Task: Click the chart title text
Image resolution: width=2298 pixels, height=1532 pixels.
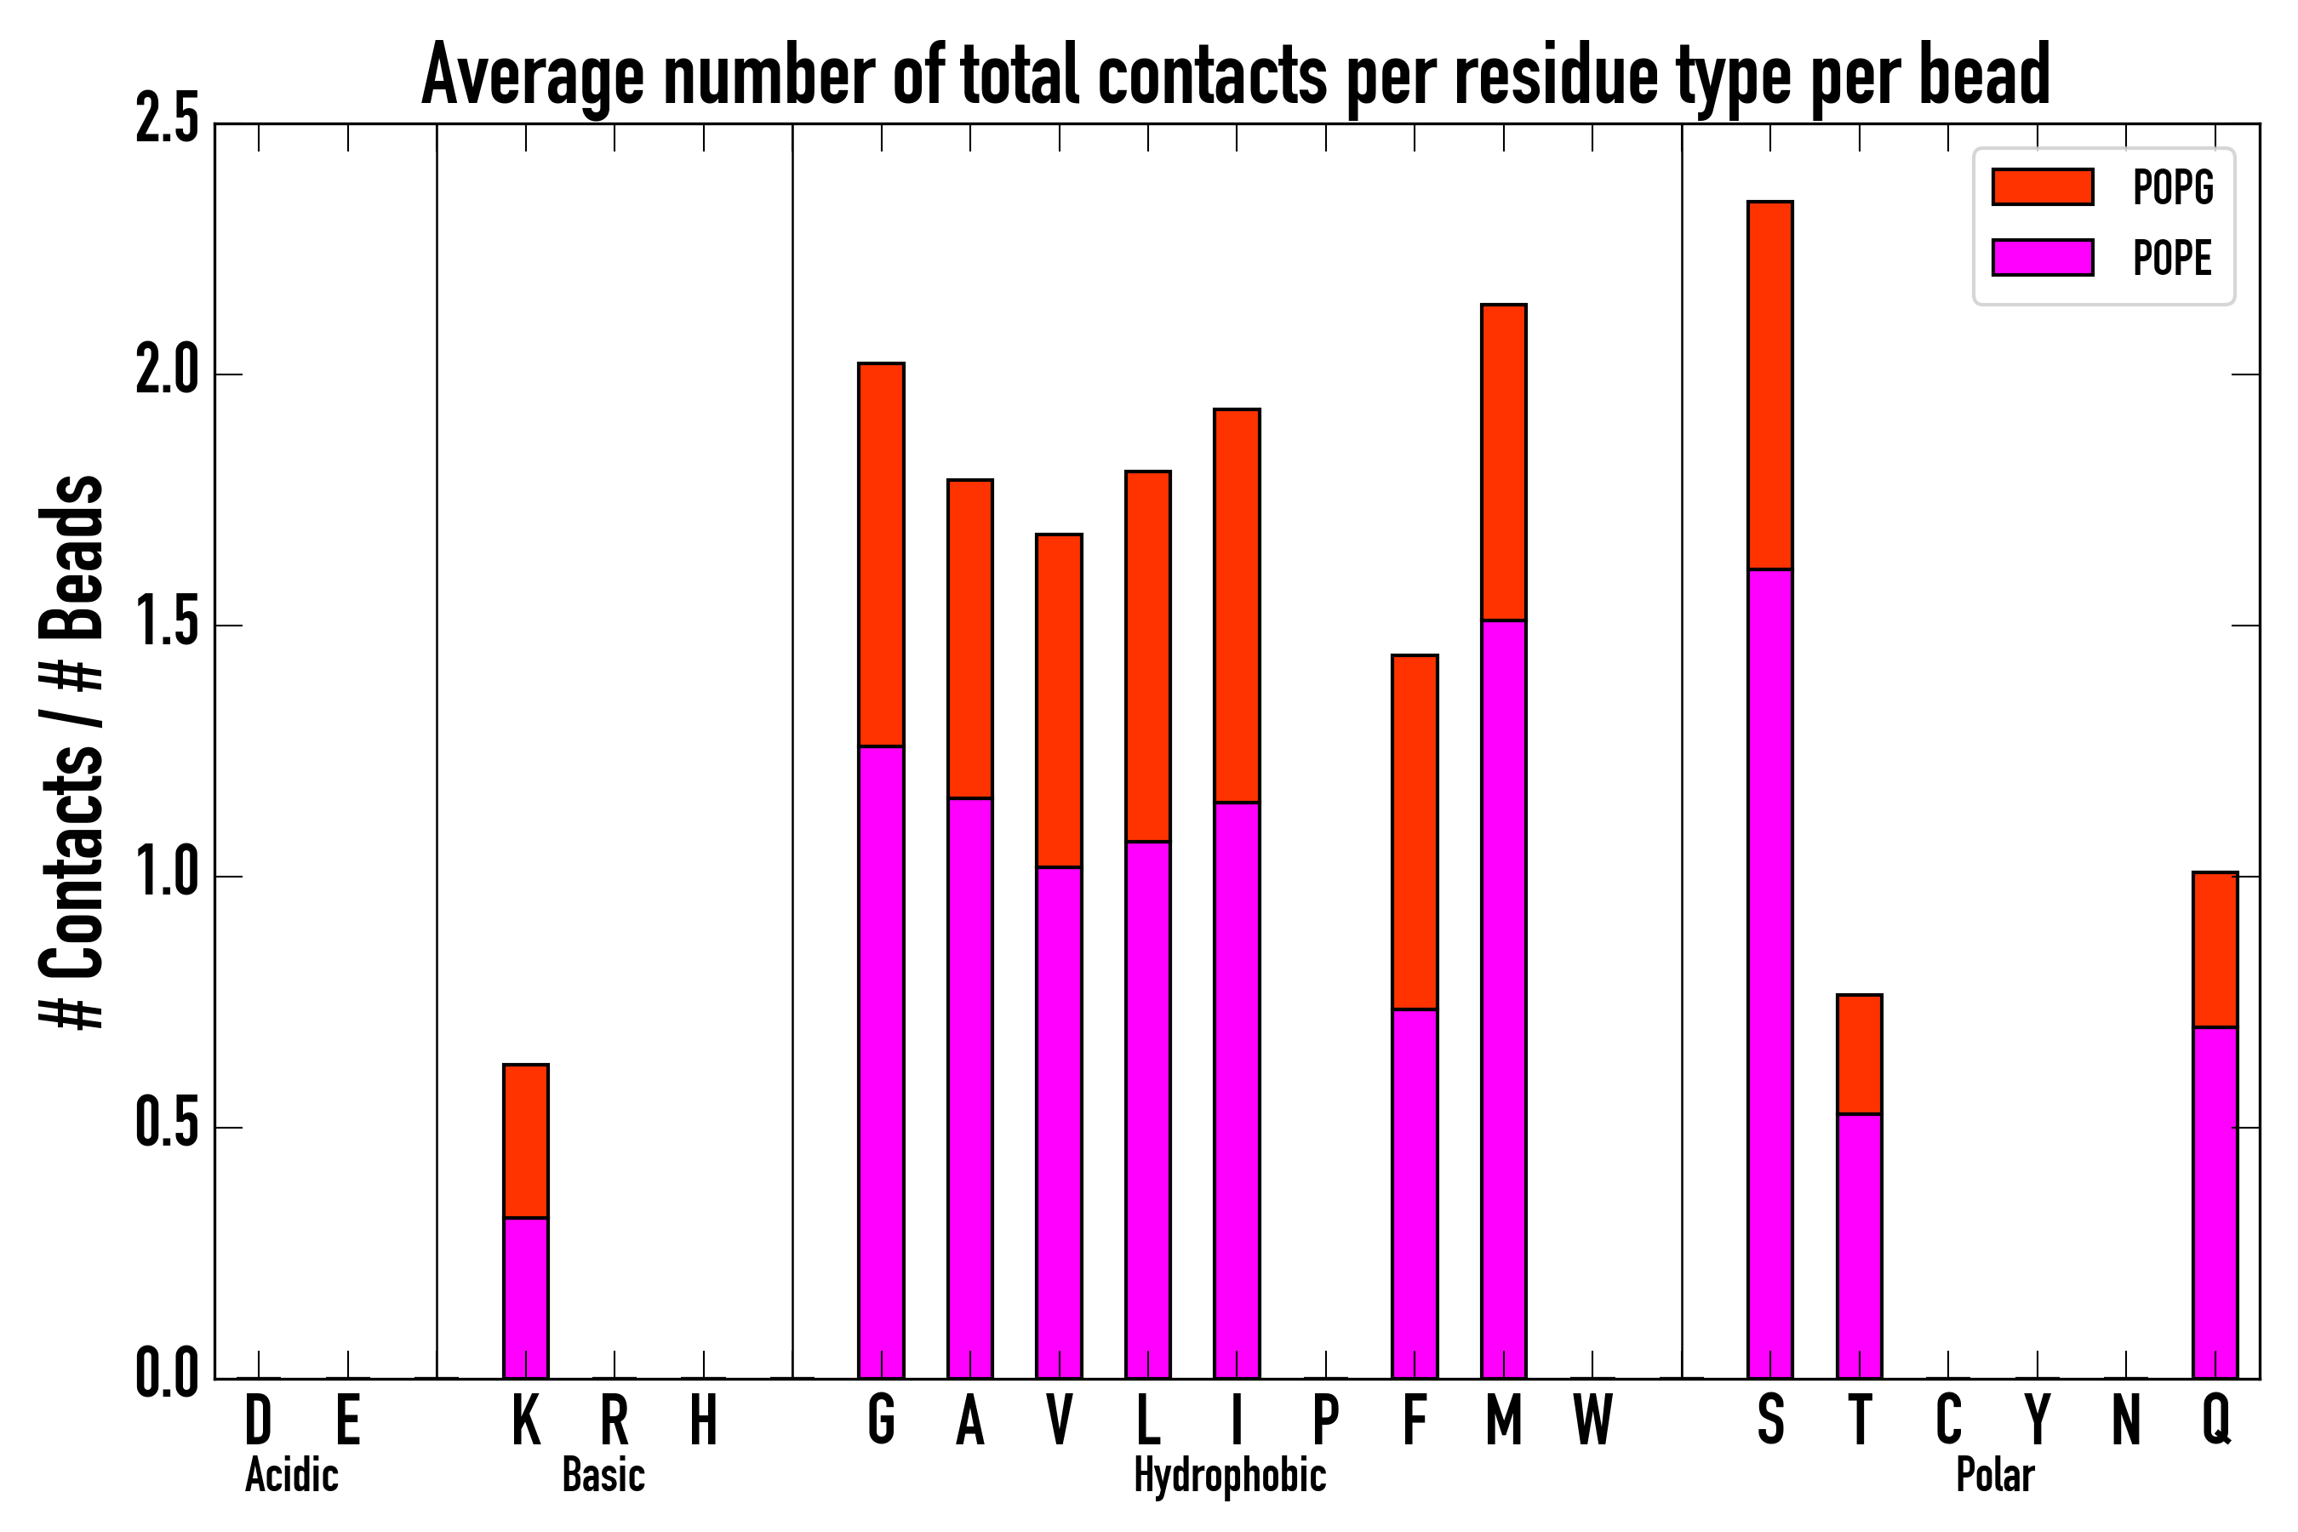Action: point(1235,77)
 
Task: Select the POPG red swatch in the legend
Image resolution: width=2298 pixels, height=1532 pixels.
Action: point(2042,186)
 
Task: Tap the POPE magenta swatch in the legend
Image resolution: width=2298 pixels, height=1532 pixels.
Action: point(2042,258)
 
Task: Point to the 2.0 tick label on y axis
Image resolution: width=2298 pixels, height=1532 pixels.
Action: point(166,374)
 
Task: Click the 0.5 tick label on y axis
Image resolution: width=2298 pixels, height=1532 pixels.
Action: point(166,1128)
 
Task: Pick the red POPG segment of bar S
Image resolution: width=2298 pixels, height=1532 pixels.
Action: point(1769,385)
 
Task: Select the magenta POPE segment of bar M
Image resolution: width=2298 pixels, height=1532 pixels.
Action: point(1503,998)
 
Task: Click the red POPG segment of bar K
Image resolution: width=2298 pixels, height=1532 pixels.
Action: point(526,1141)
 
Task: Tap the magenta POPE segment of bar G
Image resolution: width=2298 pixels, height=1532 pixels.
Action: point(880,1062)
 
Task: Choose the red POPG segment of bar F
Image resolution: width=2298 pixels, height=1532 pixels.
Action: point(1414,832)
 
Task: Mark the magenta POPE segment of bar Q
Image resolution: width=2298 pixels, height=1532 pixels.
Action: point(2215,1203)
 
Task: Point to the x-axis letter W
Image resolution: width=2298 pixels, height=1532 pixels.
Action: point(1592,1420)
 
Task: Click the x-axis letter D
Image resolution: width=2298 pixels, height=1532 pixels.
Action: point(258,1420)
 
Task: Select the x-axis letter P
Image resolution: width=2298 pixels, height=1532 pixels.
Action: point(1325,1420)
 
